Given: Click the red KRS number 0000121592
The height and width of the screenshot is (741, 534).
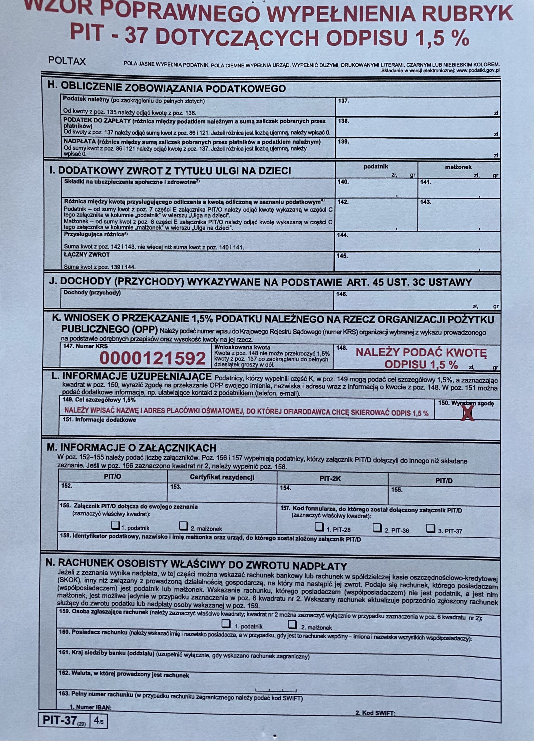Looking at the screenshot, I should pyautogui.click(x=153, y=359).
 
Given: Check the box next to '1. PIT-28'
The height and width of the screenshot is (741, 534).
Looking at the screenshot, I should pyautogui.click(x=318, y=527).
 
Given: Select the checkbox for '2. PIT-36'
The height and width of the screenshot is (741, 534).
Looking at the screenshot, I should pyautogui.click(x=377, y=527).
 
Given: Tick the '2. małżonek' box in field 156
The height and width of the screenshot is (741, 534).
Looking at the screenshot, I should pyautogui.click(x=184, y=525).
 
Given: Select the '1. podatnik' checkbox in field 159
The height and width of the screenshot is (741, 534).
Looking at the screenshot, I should pyautogui.click(x=226, y=624).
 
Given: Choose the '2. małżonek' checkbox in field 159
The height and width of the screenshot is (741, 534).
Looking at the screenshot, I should pyautogui.click(x=293, y=624).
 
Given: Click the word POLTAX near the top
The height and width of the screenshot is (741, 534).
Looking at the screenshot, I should pyautogui.click(x=67, y=61).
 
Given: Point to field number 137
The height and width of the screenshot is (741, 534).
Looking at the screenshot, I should pyautogui.click(x=343, y=101).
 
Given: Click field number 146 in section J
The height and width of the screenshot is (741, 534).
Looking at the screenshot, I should pyautogui.click(x=342, y=294).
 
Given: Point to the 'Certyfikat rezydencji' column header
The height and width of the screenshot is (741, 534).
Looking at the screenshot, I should pyautogui.click(x=222, y=477).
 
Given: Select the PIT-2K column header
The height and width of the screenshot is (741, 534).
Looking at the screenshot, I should pyautogui.click(x=332, y=479).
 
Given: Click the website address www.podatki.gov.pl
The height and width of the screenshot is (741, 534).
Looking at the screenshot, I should pyautogui.click(x=478, y=70).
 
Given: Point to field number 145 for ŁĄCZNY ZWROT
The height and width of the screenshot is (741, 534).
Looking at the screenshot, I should pyautogui.click(x=342, y=256).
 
